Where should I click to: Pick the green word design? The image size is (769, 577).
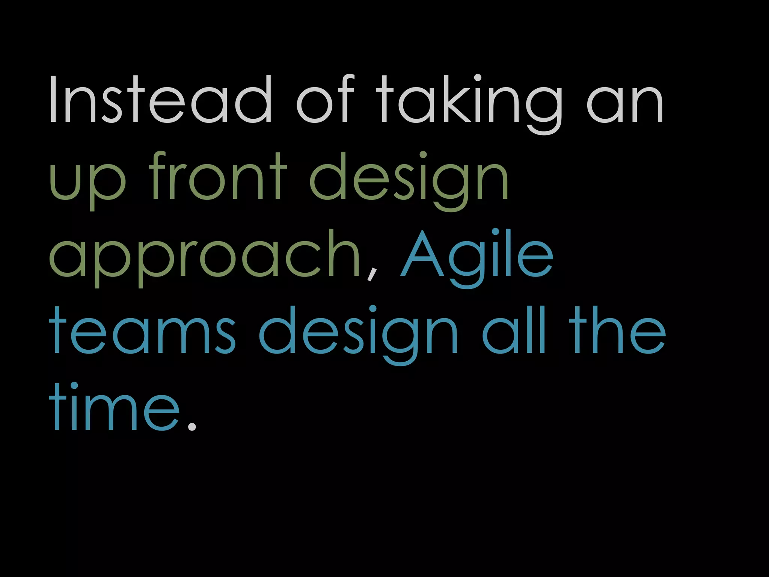pos(409,180)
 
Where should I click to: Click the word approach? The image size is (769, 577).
pos(205,257)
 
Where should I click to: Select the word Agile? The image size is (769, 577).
pos(477,257)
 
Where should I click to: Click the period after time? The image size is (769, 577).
pos(191,426)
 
